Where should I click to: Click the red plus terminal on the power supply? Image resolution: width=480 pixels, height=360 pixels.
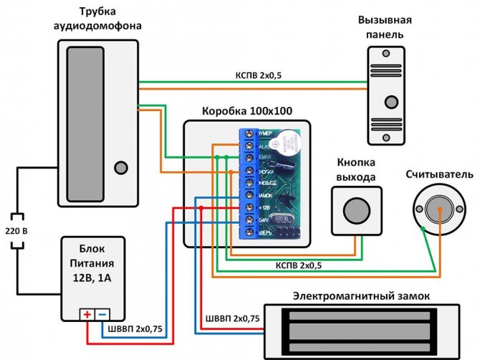click(86, 314)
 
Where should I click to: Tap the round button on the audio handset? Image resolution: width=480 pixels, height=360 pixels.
click(119, 169)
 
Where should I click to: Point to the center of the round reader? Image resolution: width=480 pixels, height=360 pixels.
click(436, 208)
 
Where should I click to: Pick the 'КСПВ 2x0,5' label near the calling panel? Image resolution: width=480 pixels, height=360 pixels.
click(259, 75)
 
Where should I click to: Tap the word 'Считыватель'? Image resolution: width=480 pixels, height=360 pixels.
click(439, 174)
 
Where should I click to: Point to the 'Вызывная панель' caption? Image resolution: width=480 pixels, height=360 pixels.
click(391, 28)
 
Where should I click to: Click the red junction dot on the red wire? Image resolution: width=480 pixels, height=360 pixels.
click(201, 207)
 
